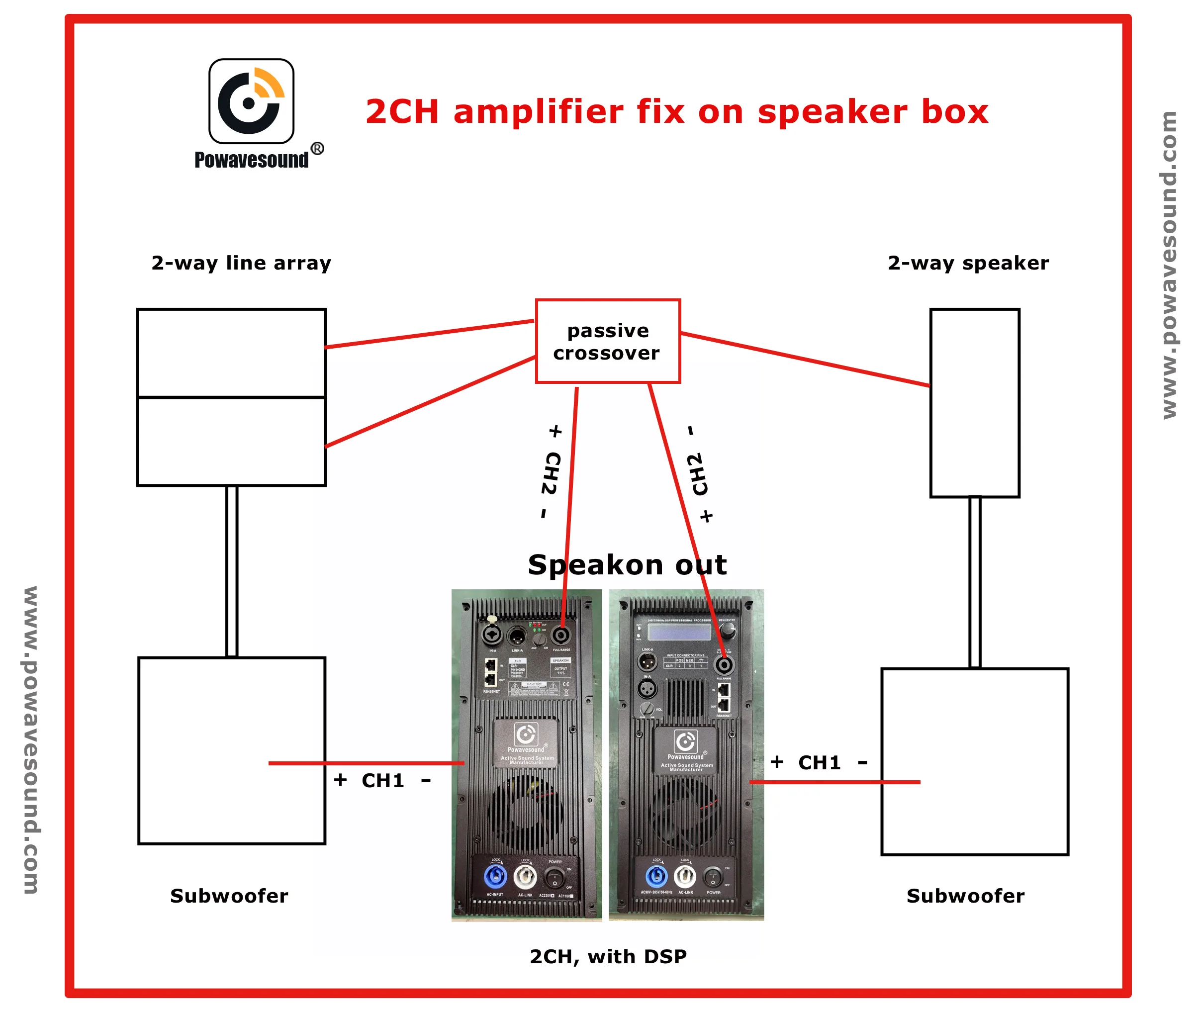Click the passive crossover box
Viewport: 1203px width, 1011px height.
click(x=608, y=341)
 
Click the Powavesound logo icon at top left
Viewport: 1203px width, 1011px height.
click(x=251, y=101)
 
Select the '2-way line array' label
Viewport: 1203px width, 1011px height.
click(x=241, y=263)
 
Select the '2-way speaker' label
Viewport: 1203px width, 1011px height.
click(x=968, y=263)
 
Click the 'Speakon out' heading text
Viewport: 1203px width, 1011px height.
click(x=627, y=564)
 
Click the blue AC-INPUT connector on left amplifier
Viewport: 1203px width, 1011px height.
click(x=495, y=876)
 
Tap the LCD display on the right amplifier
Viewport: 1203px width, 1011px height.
click(x=679, y=632)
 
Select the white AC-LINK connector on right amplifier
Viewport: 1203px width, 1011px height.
click(x=685, y=876)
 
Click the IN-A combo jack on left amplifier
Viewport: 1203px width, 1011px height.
click(x=492, y=635)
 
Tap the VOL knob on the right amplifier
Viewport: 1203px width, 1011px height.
click(x=647, y=708)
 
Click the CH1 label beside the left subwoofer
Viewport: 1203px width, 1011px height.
click(x=383, y=781)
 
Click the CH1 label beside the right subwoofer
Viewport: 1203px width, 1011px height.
click(x=820, y=763)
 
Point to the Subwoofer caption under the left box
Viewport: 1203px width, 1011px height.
click(x=229, y=896)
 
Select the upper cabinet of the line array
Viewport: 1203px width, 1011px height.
click(x=232, y=353)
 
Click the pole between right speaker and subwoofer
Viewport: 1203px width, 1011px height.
click(x=974, y=582)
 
